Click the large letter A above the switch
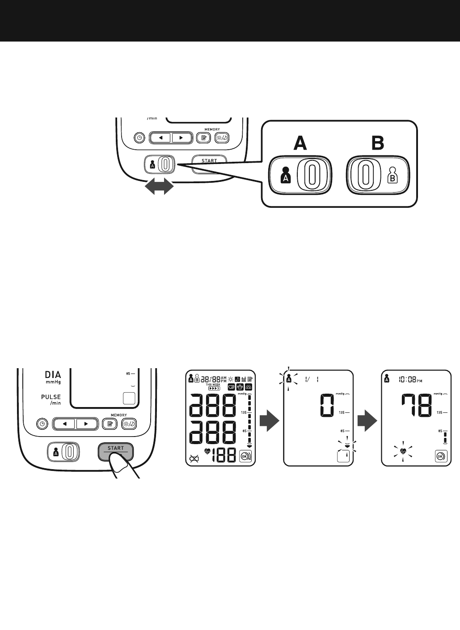(x=300, y=143)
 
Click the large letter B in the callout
(x=378, y=143)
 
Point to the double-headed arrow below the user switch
(x=158, y=185)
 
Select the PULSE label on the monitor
(x=51, y=397)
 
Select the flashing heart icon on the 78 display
(x=403, y=451)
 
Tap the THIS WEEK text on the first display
(x=213, y=384)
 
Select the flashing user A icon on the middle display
(x=289, y=379)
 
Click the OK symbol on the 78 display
(x=440, y=457)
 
